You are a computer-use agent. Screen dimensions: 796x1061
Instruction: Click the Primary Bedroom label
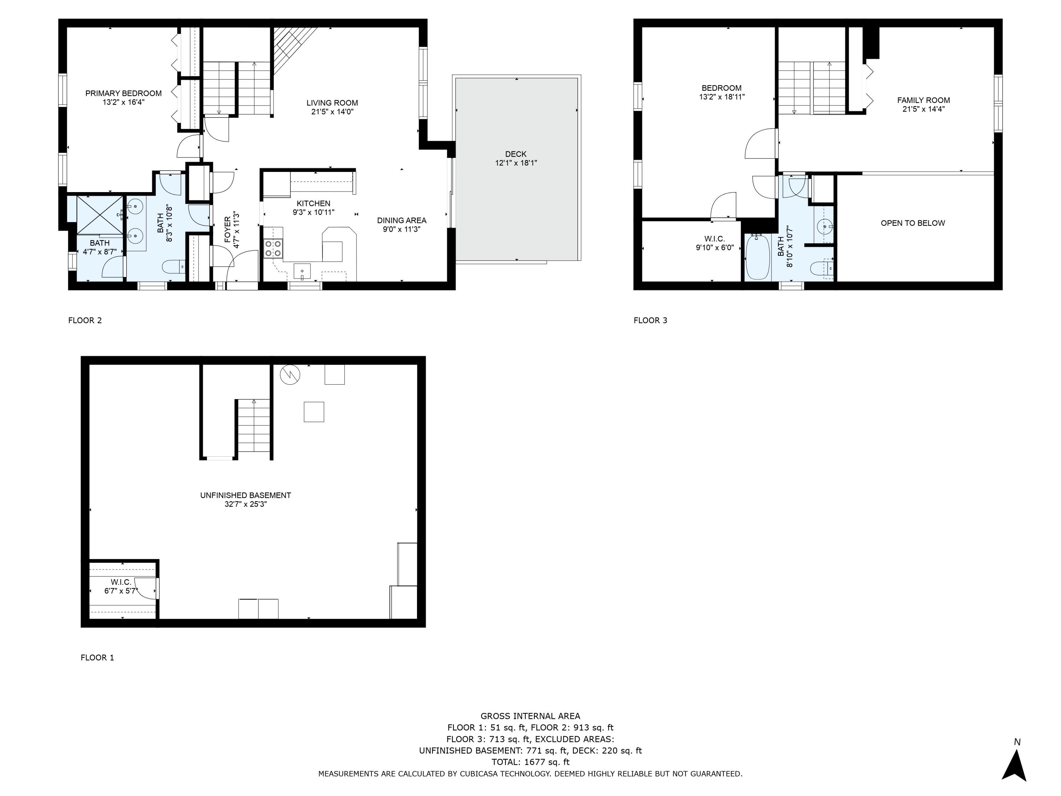(123, 93)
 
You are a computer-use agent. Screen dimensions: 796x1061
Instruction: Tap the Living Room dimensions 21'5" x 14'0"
(332, 112)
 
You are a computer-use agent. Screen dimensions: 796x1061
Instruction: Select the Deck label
(516, 154)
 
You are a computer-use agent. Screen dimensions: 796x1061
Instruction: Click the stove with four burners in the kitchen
(273, 249)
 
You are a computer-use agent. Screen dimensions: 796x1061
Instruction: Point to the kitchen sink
(302, 271)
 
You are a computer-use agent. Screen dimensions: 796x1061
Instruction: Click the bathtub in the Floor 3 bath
(758, 257)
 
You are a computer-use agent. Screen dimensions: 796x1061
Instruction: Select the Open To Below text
(912, 223)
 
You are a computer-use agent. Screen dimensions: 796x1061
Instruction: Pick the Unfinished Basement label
(245, 495)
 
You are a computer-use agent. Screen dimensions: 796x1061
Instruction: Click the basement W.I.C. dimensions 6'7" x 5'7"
(121, 591)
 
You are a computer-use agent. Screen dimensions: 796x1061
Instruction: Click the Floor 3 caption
(650, 321)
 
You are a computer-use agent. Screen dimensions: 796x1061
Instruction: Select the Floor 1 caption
(97, 657)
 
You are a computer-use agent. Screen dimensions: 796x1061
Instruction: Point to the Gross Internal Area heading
(530, 716)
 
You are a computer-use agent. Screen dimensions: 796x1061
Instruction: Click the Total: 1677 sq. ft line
(530, 762)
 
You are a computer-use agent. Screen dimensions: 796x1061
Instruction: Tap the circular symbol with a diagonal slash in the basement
(290, 375)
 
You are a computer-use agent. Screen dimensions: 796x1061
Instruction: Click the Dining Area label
(401, 221)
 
